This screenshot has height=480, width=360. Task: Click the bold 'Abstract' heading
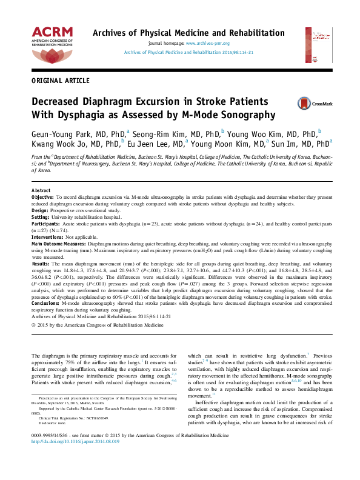click(41, 190)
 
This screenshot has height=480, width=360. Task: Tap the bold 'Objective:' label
click(42, 198)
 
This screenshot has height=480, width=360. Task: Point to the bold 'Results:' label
click(41, 264)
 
